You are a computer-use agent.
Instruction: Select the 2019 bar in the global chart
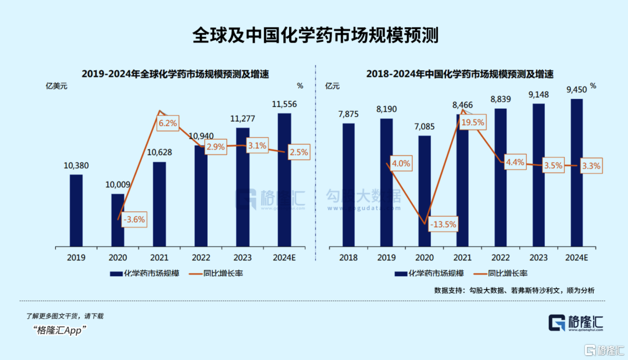point(76,210)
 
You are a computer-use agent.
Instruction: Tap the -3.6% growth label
point(134,220)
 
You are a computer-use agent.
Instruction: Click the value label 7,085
point(424,126)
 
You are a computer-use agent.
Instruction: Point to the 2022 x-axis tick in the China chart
point(500,257)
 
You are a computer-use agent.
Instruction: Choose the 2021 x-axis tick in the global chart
point(159,257)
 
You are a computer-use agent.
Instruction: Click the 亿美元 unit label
point(57,86)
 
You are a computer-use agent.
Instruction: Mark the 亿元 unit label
point(333,86)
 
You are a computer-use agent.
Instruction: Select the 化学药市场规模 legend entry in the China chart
point(429,273)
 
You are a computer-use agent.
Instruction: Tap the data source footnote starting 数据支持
point(514,290)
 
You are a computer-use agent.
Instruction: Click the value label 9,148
point(538,94)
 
